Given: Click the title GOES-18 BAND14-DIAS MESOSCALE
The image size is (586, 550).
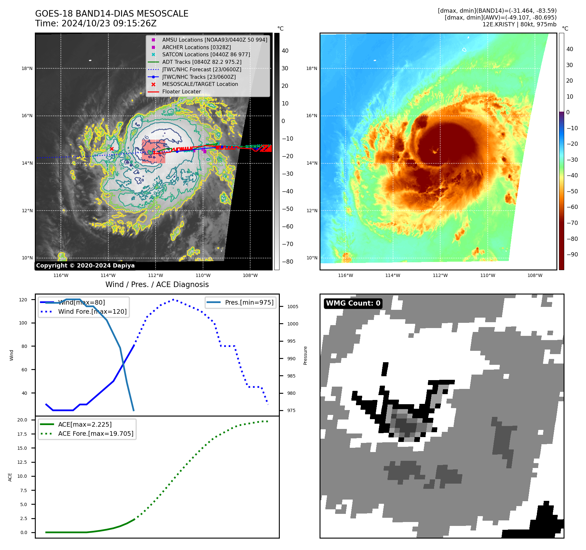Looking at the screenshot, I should [112, 14].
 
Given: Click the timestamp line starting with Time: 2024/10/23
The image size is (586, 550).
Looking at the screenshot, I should [96, 23].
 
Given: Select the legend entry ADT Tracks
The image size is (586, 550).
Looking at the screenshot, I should [202, 62].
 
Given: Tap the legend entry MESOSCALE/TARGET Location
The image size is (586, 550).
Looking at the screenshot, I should [200, 84].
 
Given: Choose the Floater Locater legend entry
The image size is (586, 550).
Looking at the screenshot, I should [182, 91].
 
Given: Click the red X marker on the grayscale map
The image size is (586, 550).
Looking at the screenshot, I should [112, 149].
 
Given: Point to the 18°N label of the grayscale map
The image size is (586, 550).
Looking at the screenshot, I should [27, 68].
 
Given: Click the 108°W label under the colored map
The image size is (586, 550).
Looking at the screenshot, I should [535, 275].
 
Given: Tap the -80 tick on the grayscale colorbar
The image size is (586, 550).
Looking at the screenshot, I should [287, 262].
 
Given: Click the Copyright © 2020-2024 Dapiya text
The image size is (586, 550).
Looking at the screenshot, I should [85, 266].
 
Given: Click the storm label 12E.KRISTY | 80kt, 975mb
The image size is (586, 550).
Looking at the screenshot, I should [519, 24].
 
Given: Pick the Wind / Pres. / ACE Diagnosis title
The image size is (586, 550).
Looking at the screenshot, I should [157, 284].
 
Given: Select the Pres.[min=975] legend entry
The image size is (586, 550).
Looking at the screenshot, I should [249, 302].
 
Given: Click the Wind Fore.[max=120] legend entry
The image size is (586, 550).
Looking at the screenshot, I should [92, 311].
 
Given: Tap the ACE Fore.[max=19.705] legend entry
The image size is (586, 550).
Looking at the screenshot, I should [96, 433].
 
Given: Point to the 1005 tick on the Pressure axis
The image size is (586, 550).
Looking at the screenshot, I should [293, 307].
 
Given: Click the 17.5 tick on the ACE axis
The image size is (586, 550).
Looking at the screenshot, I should [22, 434].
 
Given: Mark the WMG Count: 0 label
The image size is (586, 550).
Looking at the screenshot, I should [353, 303].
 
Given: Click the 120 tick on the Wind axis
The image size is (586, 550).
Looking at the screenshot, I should [23, 300].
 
